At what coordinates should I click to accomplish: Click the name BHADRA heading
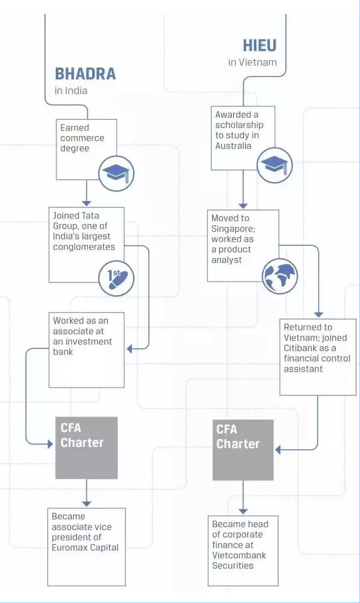point(85,74)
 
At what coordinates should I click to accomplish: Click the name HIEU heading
point(259,46)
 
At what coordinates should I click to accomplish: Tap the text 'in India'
point(71,91)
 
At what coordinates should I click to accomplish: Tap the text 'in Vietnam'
point(252,63)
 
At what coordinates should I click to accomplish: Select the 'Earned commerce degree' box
point(86,149)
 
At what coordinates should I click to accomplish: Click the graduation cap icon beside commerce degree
point(116,173)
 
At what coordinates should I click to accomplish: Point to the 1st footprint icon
point(116,278)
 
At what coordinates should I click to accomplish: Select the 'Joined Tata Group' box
point(86,244)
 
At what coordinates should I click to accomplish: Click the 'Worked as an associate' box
point(86,349)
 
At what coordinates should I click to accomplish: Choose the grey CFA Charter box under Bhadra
point(86,448)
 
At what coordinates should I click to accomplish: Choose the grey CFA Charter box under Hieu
point(243,449)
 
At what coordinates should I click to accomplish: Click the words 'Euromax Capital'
point(85,548)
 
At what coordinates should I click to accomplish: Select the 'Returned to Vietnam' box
point(317,356)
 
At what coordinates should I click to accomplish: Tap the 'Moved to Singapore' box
point(242,246)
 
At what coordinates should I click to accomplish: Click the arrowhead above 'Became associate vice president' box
point(86,503)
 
